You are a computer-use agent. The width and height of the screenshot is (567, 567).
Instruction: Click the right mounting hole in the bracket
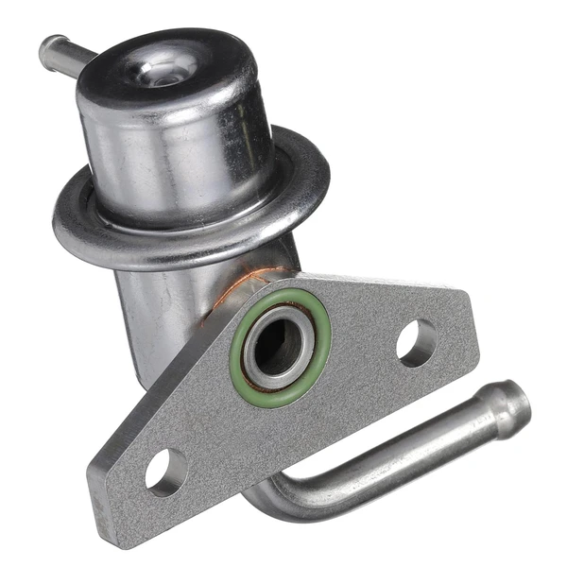(x=416, y=342)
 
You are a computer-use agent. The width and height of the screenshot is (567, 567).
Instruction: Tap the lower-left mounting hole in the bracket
(x=166, y=472)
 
